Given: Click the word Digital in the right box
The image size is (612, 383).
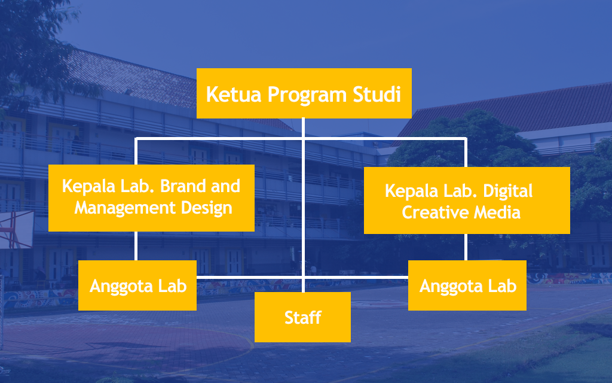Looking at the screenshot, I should click(x=504, y=191).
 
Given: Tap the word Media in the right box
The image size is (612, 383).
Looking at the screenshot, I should click(x=496, y=212).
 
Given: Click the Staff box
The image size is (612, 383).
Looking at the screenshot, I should click(x=302, y=317).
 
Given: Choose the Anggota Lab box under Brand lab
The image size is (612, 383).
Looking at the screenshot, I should click(x=137, y=285).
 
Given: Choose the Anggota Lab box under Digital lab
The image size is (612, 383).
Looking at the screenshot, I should click(x=467, y=285).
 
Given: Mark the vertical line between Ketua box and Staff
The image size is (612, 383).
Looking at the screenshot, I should click(x=304, y=203).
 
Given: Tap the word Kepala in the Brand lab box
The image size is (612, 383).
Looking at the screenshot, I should click(x=87, y=186).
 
